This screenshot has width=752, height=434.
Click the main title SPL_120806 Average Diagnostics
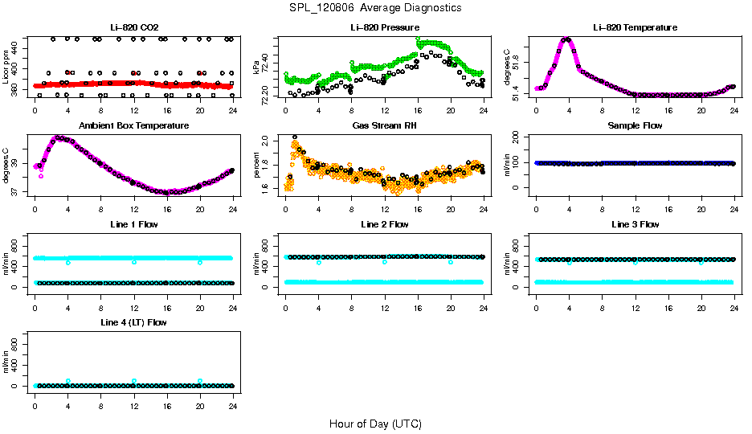[376, 7]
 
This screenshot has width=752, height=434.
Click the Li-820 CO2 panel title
[133, 27]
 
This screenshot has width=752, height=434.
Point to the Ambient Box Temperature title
[133, 125]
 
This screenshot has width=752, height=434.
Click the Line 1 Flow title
[133, 223]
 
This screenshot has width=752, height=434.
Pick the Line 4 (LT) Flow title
[133, 321]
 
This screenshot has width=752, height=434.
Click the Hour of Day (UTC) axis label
[375, 424]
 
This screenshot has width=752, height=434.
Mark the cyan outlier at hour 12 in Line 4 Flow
[134, 381]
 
